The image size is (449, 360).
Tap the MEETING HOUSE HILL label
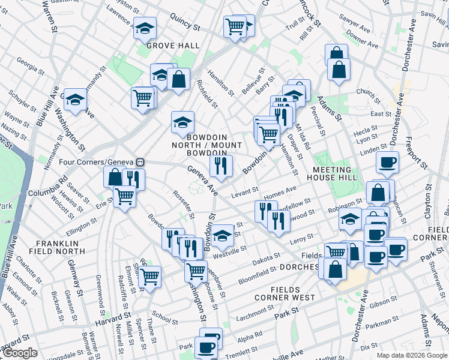point(336,173)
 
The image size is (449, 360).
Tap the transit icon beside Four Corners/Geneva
point(140,162)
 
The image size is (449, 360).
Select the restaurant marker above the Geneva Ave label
point(221,165)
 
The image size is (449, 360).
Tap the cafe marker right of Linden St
point(387,161)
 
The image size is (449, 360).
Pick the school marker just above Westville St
point(222,235)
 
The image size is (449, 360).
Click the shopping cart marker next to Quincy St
point(235,26)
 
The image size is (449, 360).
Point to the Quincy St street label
point(184,23)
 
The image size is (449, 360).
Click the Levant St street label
point(244,190)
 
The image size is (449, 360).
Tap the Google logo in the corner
point(20,353)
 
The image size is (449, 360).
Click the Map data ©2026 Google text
point(412,355)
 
